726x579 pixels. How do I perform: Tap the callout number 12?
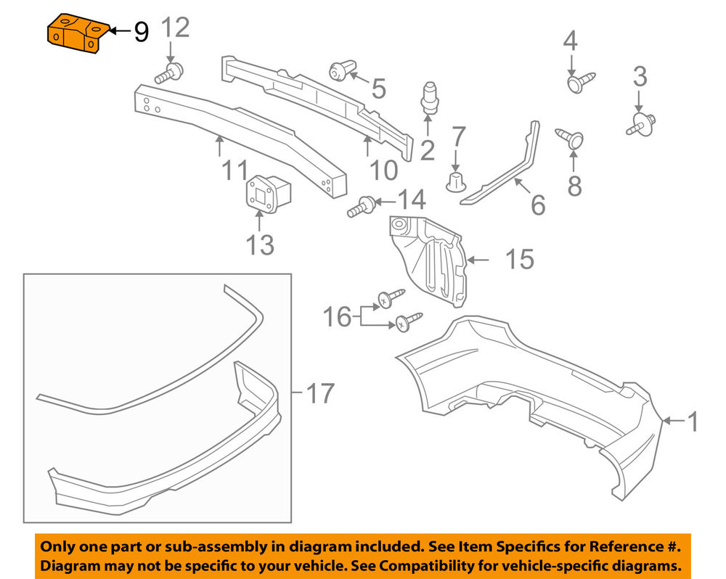point(174,28)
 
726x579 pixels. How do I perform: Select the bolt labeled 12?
point(170,73)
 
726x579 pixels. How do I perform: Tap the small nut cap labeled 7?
point(455,182)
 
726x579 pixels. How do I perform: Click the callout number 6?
point(538,205)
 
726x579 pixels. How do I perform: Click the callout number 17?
point(319,393)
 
